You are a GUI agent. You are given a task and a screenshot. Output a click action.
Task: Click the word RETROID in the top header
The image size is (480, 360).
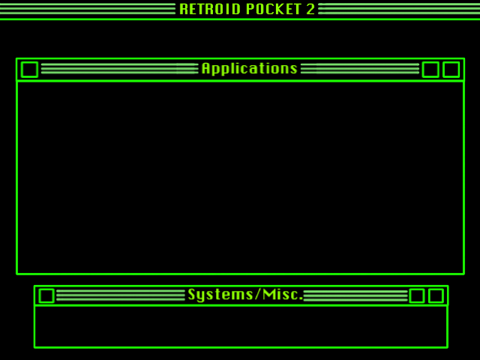[210, 9]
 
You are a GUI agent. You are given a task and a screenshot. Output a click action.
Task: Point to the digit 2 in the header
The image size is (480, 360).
[310, 9]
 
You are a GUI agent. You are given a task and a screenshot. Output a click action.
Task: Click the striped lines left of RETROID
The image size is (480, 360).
[87, 9]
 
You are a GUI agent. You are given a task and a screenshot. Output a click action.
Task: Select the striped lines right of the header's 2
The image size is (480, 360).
[397, 9]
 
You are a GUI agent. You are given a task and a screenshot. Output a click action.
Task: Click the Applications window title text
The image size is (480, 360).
[249, 69]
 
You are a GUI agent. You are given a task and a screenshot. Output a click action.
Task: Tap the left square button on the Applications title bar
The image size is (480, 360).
[29, 70]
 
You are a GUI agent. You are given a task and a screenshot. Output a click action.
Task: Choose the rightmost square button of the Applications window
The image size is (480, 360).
[451, 70]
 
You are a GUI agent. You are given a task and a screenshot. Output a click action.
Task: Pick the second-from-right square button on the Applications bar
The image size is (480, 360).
[430, 70]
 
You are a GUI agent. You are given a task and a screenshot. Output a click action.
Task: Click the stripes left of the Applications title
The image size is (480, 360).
[118, 69]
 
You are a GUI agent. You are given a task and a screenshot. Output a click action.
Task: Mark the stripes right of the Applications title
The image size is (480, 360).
[360, 69]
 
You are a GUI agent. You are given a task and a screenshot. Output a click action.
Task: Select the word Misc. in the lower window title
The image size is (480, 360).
[285, 295]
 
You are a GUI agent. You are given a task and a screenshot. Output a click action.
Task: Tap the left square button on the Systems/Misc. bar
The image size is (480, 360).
[46, 295]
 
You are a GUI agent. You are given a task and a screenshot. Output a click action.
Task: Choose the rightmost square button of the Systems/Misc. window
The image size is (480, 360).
[436, 295]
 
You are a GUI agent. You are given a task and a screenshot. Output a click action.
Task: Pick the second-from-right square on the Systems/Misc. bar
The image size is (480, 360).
[417, 295]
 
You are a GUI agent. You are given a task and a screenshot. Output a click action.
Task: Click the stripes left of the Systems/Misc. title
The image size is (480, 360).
[120, 295]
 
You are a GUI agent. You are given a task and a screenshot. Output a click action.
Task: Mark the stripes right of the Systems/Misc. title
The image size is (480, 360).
[355, 295]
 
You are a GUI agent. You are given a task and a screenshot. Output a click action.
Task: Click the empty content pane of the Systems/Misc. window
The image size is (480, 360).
[240, 326]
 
